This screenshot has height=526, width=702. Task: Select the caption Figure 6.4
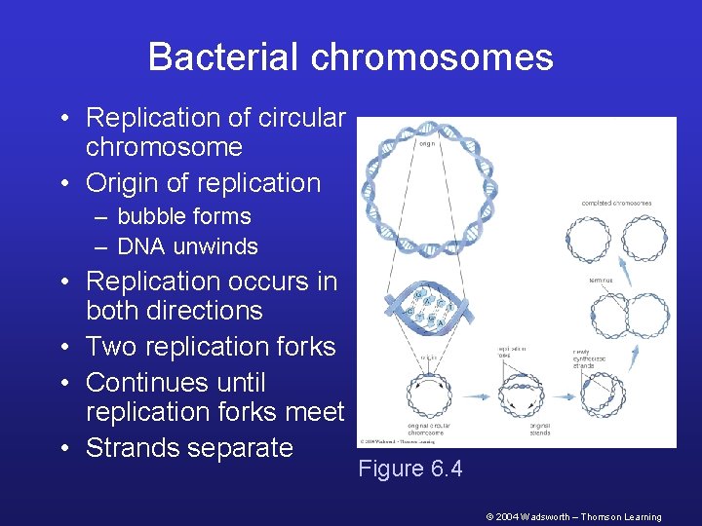click(409, 470)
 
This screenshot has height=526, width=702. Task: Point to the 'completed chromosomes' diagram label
click(616, 204)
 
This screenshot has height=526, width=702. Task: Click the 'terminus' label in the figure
click(600, 280)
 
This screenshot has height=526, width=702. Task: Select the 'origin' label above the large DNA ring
click(426, 143)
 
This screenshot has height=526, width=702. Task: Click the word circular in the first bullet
click(301, 118)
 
